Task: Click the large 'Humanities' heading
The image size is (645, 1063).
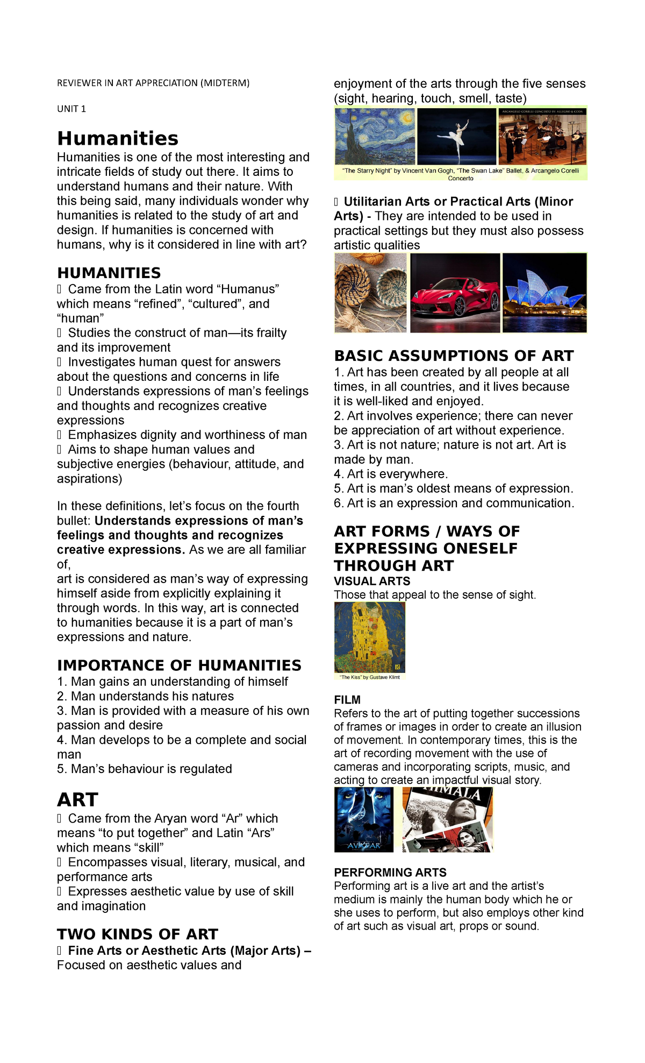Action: pos(118,139)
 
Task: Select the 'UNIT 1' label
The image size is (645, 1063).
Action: pos(71,109)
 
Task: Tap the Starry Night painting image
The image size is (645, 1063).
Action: pos(375,136)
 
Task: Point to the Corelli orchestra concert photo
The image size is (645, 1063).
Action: pos(542,137)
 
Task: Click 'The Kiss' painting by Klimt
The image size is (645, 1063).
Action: pos(370,637)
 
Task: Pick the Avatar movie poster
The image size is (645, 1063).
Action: pos(364,820)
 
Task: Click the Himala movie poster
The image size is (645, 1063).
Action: pos(448,820)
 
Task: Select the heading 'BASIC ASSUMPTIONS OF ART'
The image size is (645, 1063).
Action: pos(454,356)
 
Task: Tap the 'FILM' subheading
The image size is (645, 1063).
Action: pos(347,700)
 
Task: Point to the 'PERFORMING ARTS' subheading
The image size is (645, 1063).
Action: pos(390,873)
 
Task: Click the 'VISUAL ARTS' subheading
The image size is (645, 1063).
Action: pos(372,582)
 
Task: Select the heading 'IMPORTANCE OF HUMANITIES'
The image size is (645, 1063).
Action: pos(179,665)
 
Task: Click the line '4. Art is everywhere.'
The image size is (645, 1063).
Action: pos(391,474)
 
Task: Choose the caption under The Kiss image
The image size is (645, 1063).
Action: pos(370,677)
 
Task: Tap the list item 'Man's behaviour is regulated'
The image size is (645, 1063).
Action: pos(145,769)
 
